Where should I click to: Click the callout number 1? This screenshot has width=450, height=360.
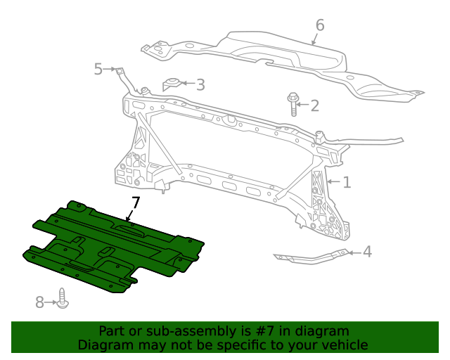coord(347,183)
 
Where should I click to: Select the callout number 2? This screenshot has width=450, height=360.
coord(314,106)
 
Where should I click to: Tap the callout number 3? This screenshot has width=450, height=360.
coord(200,85)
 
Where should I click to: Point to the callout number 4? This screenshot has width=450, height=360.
coord(368,252)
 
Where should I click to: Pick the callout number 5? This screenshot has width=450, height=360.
coord(98,68)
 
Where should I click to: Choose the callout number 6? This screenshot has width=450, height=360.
coord(320,26)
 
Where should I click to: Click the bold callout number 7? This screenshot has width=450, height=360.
coord(135,203)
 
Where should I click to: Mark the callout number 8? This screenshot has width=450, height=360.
coord(40,302)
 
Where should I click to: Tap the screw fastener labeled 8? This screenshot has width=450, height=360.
coord(64,300)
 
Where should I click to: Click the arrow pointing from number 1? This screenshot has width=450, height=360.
coord(333,183)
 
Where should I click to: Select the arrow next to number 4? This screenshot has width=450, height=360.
coord(355,252)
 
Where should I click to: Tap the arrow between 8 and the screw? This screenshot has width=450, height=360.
coord(52,302)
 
